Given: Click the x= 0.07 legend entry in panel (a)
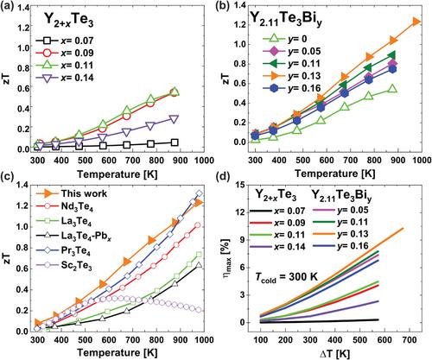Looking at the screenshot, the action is (65, 41).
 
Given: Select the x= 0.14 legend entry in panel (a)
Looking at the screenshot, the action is (65, 78).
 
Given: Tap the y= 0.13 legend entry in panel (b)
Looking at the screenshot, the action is (292, 76).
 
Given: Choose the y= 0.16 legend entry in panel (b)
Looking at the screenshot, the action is (292, 88).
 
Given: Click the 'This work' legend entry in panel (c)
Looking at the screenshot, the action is (72, 193).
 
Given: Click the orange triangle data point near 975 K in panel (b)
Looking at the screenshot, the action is (416, 22).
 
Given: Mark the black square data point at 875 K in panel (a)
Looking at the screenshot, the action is (175, 142).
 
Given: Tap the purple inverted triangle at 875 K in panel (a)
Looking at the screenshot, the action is (174, 119).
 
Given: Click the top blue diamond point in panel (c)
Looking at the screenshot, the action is (199, 193).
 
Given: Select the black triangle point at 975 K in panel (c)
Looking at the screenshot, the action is (199, 265).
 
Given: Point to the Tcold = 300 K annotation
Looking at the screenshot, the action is (286, 278).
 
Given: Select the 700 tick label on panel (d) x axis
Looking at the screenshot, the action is (409, 340).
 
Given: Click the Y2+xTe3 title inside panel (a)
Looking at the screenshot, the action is (68, 21).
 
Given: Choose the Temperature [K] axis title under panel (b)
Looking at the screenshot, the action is (334, 174).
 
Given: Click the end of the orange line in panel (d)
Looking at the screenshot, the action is (403, 229).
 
